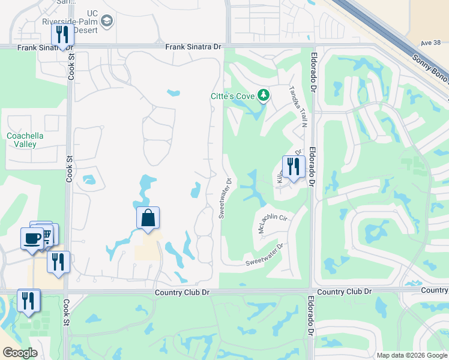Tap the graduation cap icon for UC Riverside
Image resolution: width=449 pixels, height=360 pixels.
click(x=107, y=22)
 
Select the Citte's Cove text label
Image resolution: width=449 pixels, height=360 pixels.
click(x=232, y=96)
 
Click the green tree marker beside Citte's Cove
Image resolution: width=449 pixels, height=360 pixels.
click(x=263, y=95)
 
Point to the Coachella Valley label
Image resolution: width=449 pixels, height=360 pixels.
click(x=25, y=140)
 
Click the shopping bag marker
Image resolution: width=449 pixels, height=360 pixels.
click(x=148, y=218)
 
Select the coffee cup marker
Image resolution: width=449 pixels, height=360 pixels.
click(x=32, y=238)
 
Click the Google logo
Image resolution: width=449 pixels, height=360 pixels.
click(x=20, y=353)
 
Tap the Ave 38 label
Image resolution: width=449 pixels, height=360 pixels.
click(x=430, y=43)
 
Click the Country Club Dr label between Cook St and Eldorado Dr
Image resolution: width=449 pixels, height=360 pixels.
click(x=181, y=292)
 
